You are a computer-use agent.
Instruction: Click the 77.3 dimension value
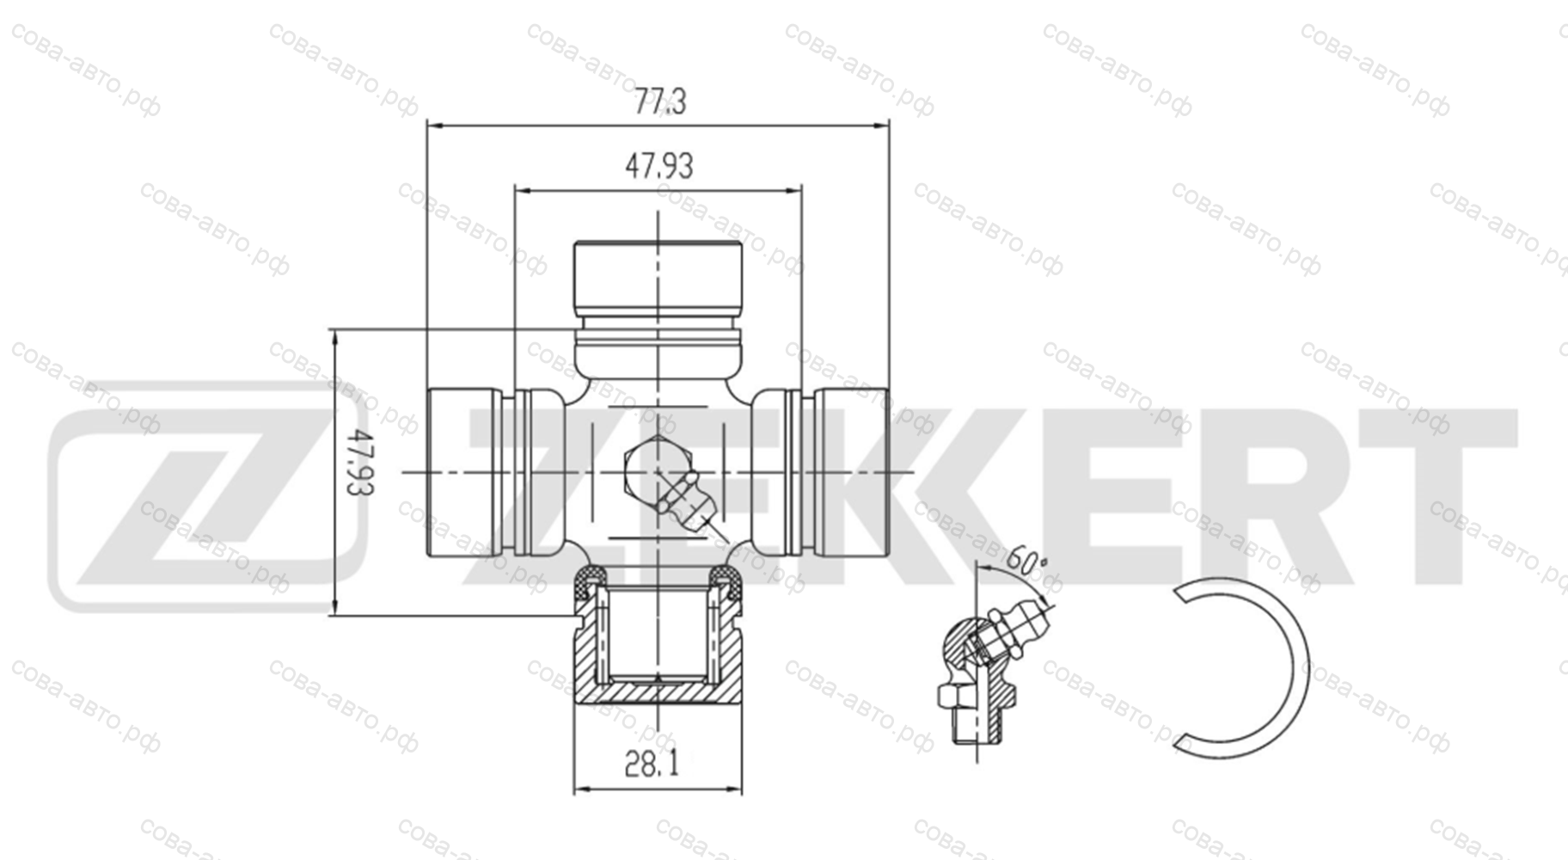pyautogui.click(x=660, y=102)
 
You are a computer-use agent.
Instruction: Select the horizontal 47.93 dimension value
pyautogui.click(x=658, y=166)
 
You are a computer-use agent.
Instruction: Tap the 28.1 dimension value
pyautogui.click(x=652, y=764)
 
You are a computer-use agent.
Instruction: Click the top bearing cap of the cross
pyautogui.click(x=658, y=279)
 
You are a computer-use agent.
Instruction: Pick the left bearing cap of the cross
pyautogui.click(x=465, y=472)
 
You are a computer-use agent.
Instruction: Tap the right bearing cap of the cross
pyautogui.click(x=851, y=472)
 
